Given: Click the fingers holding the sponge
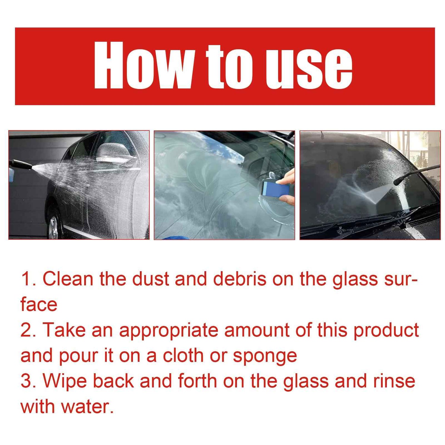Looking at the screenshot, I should pyautogui.click(x=287, y=178).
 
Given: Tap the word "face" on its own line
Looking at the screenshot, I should pyautogui.click(x=39, y=305).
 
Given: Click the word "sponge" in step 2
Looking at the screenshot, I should pyautogui.click(x=265, y=356).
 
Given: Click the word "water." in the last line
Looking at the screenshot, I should pyautogui.click(x=88, y=407).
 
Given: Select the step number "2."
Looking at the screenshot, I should pyautogui.click(x=28, y=330).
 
